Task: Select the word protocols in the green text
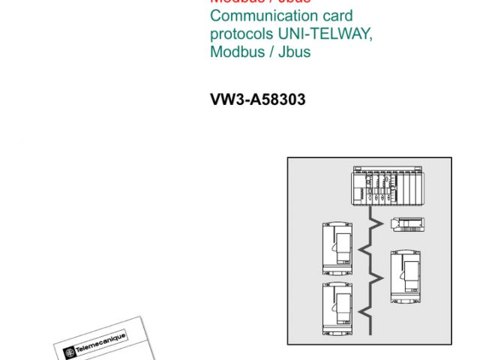[x=242, y=34]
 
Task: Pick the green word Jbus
[x=294, y=52]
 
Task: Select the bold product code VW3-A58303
[x=258, y=98]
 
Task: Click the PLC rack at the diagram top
[x=388, y=187]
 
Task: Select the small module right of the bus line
[x=409, y=223]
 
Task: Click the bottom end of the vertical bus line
[x=371, y=333]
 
